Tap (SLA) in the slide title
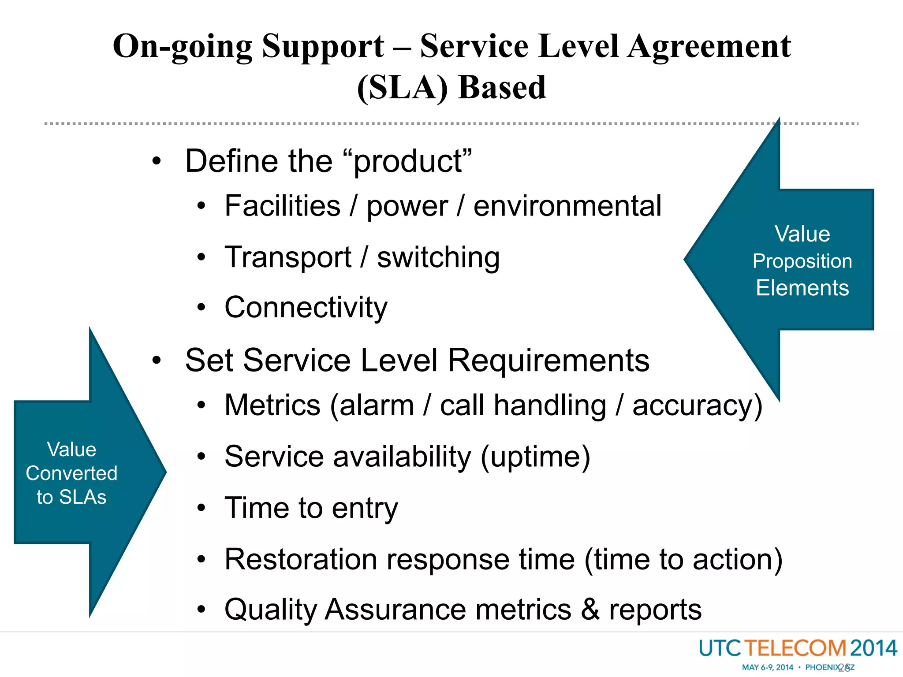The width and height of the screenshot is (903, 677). point(402,88)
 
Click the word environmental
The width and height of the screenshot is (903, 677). point(567,206)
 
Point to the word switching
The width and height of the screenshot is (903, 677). point(438,257)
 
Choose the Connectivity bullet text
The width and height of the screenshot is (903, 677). point(306,307)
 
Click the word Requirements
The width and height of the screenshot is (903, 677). point(549,361)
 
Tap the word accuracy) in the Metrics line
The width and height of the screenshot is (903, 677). point(697,405)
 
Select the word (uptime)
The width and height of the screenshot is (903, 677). point(535,457)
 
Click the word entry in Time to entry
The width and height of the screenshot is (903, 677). point(365,508)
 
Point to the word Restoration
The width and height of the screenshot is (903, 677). point(301,559)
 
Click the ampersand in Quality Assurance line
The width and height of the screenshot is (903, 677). point(590,610)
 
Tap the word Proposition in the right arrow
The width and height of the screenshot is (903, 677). point(802,261)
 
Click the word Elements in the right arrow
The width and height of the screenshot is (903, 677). point(802,288)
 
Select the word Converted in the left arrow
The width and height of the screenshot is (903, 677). point(71,473)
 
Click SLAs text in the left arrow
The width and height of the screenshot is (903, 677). point(83,497)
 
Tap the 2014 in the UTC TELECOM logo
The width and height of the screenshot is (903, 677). point(873,648)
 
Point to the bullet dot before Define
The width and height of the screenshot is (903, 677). point(157,161)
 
